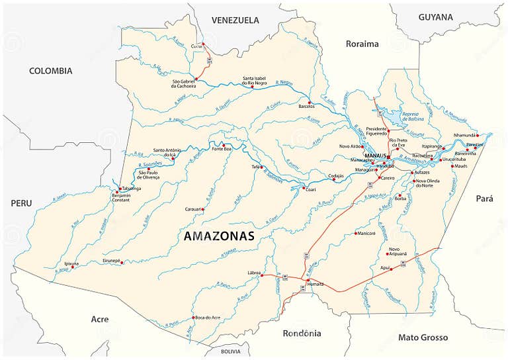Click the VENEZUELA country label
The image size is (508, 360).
point(235,20)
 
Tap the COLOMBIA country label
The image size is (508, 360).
point(50,71)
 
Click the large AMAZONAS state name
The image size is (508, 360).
point(218,236)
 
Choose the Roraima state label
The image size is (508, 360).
point(362,44)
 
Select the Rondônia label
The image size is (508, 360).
point(301,333)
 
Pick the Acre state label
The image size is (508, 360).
point(99,319)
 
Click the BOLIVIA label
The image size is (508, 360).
point(231,351)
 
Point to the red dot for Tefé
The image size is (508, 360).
point(261,167)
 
